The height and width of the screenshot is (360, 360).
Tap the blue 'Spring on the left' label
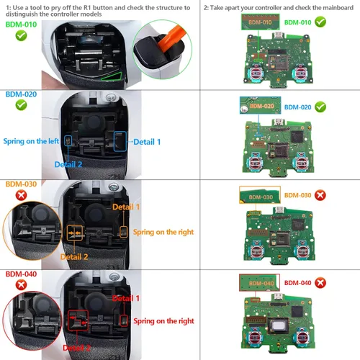click(31, 142)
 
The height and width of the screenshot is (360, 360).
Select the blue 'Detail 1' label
click(148, 142)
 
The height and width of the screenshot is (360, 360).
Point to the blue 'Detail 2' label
click(73, 164)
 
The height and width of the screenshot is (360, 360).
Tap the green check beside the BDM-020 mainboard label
click(320, 107)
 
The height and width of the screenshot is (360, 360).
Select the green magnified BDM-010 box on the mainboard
click(257, 22)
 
